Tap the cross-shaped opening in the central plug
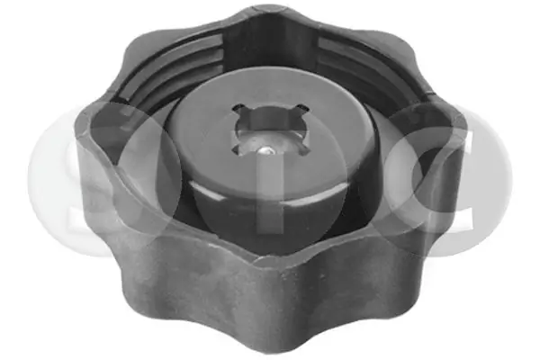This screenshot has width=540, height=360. (270, 130)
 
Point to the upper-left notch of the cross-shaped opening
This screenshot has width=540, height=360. (238, 109)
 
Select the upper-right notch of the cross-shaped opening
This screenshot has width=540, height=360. (302, 109)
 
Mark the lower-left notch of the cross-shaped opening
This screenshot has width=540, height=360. (236, 148)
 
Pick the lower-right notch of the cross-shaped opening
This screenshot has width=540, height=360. (304, 148)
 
